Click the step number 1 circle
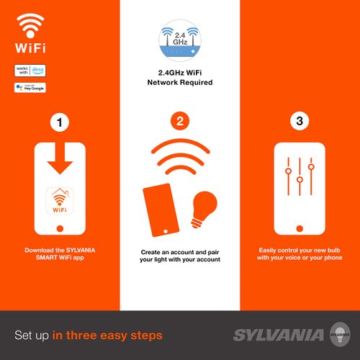pyautogui.click(x=60, y=121)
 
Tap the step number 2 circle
pyautogui.click(x=179, y=121)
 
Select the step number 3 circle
pyautogui.click(x=300, y=121)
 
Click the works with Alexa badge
pyautogui.click(x=29, y=71)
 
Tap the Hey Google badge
pyautogui.click(x=29, y=88)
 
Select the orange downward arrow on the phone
pyautogui.click(x=60, y=164)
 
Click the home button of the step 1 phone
pyautogui.click(x=60, y=228)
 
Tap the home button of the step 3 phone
pyautogui.click(x=300, y=228)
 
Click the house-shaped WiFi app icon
pyautogui.click(x=60, y=199)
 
